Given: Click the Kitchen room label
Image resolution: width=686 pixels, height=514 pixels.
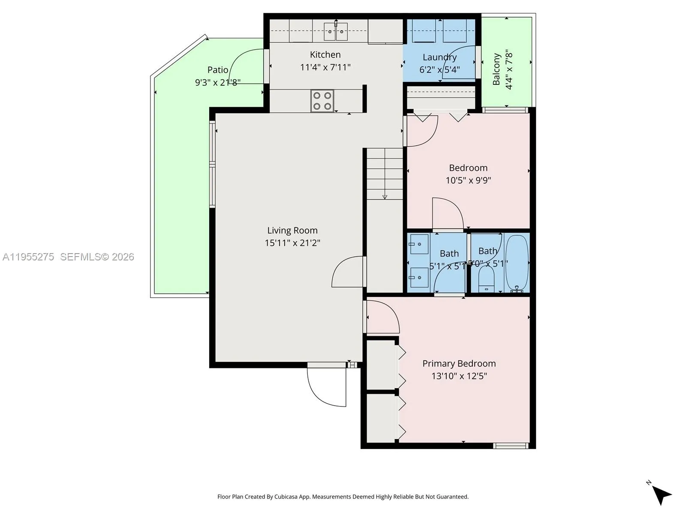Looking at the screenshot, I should pos(325,55).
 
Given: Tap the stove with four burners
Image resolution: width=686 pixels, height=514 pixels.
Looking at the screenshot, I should pos(322,101).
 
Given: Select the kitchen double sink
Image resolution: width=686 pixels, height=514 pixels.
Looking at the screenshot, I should pos(335,31).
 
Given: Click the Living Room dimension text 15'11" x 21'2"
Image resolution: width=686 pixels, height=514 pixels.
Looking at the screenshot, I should pos(292,243).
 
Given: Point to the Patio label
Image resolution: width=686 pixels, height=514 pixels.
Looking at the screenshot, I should pos(218,70).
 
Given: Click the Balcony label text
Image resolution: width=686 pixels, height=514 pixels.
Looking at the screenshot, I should pos(496,69).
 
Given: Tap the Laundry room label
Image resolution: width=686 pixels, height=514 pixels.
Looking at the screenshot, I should pos(439,57).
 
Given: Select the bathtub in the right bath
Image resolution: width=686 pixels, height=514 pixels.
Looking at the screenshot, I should pos(517,262).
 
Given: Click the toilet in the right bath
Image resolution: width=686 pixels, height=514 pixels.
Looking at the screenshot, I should pos(486,278).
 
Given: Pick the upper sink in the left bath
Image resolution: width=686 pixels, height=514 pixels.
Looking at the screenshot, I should pos(419,244).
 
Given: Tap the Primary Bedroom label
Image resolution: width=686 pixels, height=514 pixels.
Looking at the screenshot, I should pos(459,364).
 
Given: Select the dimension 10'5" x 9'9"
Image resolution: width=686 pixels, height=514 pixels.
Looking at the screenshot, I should pos(468,180).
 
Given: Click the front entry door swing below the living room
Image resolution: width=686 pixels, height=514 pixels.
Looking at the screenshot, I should pos(326,388).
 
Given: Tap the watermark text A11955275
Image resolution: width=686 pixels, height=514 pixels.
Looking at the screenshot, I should pos(28,257).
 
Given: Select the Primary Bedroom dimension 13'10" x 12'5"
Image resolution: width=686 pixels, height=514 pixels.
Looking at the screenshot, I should pos(459,376).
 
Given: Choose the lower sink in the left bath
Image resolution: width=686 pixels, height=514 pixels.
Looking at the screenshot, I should pos(419,278).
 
